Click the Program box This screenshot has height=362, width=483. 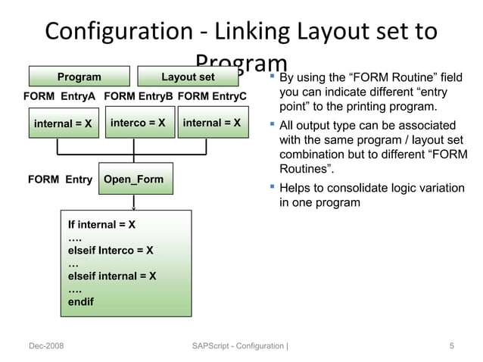[79, 76]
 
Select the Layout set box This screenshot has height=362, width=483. [188, 76]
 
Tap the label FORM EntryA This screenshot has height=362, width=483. [59, 96]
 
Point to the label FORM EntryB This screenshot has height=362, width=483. [139, 96]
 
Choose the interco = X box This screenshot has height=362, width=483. [138, 123]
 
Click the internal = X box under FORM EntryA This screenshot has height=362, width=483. [64, 123]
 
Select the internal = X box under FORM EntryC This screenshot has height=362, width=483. [212, 123]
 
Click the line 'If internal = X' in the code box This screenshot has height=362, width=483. [102, 225]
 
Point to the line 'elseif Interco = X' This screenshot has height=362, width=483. [111, 250]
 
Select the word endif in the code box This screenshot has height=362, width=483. [82, 301]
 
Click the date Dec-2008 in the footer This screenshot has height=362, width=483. [46, 346]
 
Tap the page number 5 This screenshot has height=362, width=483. [451, 346]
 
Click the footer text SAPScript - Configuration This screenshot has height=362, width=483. [238, 346]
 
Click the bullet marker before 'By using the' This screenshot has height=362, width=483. [273, 76]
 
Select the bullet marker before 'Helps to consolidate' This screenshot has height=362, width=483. [273, 187]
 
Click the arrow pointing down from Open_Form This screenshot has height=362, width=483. [134, 202]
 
